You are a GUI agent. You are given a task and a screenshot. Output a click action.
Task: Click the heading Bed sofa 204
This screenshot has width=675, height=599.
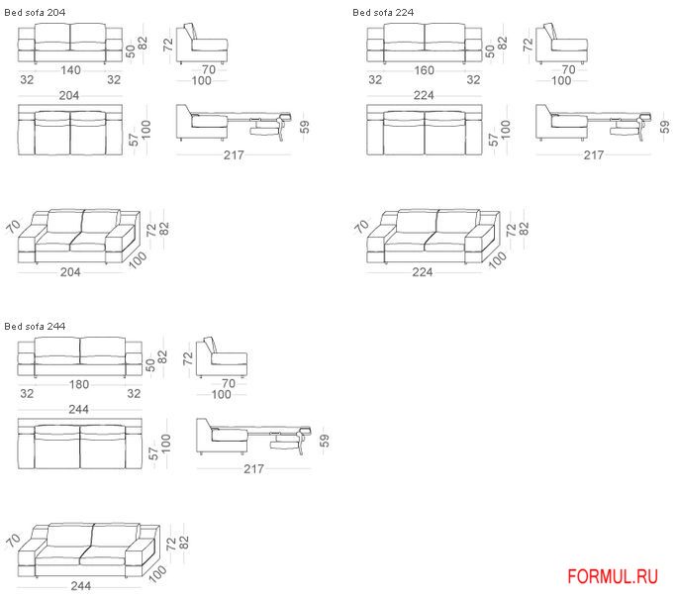tap(35, 13)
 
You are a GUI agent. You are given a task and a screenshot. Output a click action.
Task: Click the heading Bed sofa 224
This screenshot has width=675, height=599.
tap(383, 13)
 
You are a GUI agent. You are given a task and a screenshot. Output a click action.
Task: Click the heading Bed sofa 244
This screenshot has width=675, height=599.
tap(35, 327)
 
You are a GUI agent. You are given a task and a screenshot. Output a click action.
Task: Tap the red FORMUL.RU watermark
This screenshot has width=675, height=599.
tap(613, 576)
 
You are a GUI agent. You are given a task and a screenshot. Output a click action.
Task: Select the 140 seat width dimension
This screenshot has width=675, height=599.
tap(70, 70)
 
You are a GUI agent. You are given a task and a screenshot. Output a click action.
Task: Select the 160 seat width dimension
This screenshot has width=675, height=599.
tap(424, 70)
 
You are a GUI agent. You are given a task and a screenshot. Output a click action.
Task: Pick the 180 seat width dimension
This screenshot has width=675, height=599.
tap(79, 384)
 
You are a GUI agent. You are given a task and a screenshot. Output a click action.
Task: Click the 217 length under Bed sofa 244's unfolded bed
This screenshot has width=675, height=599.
tap(254, 468)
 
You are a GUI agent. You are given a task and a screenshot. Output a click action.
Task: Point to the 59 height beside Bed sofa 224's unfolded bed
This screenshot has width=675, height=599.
tap(665, 127)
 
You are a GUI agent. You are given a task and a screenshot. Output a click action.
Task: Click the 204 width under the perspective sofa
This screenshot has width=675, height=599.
tap(70, 271)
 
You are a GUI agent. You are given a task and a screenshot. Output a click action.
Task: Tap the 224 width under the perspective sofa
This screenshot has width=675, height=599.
tap(423, 271)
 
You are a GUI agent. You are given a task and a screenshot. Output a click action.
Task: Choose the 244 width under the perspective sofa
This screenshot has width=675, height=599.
tap(81, 586)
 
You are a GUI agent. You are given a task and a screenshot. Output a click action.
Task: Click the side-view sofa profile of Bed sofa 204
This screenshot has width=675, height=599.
tap(202, 44)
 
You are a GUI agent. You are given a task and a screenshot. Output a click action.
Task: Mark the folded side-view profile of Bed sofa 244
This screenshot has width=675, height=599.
tap(222, 357)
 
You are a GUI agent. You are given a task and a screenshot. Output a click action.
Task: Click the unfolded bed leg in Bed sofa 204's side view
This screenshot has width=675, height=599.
tap(282, 129)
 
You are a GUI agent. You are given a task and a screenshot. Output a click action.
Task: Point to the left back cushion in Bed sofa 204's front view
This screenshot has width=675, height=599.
tap(52, 33)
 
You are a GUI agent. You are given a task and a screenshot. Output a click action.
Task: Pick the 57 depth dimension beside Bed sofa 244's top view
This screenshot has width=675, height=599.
tap(153, 453)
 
